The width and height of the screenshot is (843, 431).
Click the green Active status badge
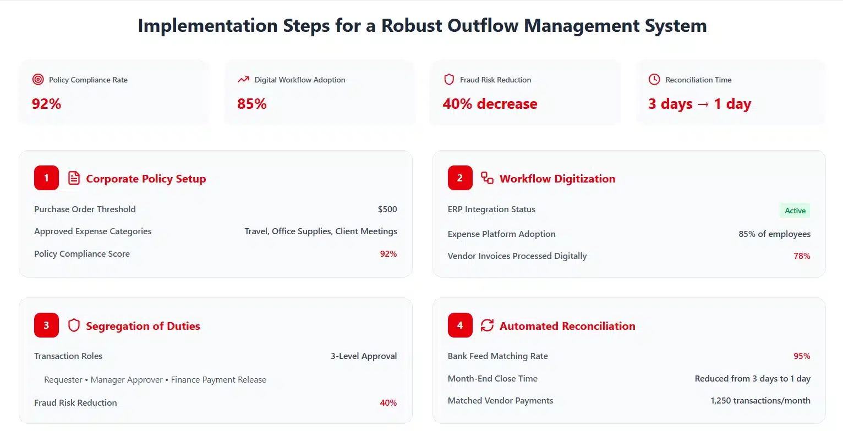795,211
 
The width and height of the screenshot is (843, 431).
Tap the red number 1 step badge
46,178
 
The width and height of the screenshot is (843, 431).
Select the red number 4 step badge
460,325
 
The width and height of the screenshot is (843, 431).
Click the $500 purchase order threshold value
387,209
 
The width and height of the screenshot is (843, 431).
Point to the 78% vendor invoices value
802,256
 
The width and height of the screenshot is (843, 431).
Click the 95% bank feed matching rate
802,356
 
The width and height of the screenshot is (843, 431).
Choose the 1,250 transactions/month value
760,400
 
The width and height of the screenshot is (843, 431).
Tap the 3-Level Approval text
364,356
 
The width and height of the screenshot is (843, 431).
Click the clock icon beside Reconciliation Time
654,80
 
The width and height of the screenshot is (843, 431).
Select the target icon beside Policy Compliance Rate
38,80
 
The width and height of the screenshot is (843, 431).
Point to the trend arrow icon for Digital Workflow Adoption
243,80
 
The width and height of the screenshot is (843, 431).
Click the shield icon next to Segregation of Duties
74,325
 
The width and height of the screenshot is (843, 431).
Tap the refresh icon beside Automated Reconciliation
487,325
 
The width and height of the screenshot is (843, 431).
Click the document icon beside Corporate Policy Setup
74,178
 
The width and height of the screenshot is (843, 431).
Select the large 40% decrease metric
490,104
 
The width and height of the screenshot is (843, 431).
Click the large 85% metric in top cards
252,104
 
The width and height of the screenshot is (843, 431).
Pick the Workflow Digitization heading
557,179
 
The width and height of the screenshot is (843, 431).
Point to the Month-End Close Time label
492,378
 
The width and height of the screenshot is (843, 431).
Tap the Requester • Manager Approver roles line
155,380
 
